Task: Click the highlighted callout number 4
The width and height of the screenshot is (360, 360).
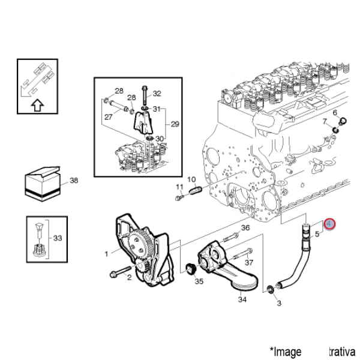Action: click(329, 224)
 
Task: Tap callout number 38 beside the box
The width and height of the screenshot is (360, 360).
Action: click(74, 180)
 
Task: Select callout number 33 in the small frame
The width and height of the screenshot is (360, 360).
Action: click(58, 238)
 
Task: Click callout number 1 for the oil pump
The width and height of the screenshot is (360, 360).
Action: click(106, 254)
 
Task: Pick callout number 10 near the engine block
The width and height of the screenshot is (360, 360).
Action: click(191, 179)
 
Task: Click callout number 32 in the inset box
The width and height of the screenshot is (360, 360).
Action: click(157, 94)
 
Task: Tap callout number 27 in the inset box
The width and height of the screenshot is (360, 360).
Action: click(109, 118)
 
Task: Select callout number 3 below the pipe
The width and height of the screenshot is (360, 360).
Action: click(278, 304)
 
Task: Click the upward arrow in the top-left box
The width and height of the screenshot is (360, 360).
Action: click(37, 106)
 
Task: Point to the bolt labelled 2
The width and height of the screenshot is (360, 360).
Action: click(115, 275)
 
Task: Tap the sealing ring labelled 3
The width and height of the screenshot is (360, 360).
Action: click(271, 291)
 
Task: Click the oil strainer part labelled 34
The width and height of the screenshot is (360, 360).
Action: click(240, 278)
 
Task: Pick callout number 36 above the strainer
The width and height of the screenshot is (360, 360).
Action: click(245, 228)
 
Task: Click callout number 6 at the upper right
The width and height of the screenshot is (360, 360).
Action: click(336, 113)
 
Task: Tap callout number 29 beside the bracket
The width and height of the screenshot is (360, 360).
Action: click(175, 124)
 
